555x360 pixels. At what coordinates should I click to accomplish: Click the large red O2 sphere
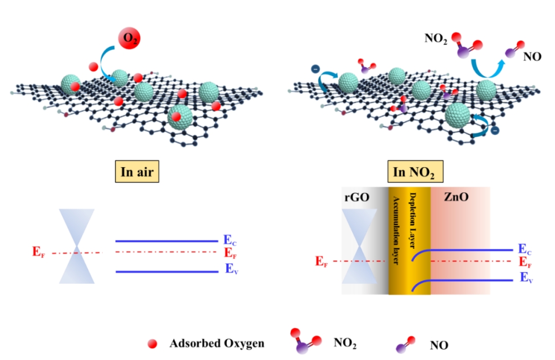coord(129,39)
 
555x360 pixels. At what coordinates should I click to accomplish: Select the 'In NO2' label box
coord(414,173)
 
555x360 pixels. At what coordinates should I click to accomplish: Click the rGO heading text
coord(359,198)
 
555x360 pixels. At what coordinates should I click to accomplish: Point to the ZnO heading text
coord(456,198)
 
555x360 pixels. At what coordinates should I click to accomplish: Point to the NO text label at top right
coord(532,56)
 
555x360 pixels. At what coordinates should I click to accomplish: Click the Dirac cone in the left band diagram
coord(77,246)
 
